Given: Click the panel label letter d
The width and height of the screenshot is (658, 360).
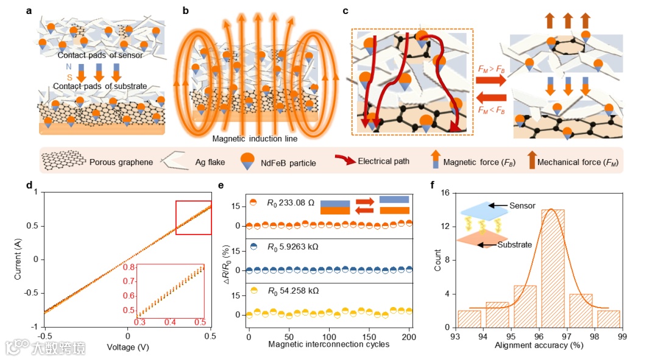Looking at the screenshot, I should click(29, 185).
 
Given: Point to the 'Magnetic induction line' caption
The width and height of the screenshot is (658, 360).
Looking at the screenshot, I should click(255, 139).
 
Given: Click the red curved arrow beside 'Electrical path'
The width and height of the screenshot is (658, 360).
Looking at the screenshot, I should click(346, 161).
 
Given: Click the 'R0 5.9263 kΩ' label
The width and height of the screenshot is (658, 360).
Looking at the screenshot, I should click(292, 248).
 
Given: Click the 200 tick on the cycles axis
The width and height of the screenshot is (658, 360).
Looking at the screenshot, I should click(409, 336).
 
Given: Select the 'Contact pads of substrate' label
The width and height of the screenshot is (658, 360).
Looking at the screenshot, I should click(100, 86).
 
